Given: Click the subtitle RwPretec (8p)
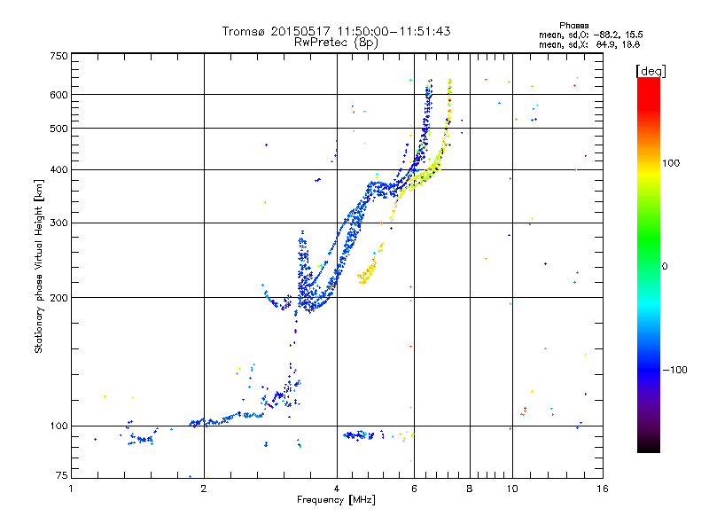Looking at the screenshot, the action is pos(336,43).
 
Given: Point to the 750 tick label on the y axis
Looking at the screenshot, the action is pos(58,56).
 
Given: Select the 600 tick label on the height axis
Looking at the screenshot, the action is pos(58,95).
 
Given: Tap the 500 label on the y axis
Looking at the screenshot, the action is pos(58,129).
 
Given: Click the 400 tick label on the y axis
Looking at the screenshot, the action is pos(58,170).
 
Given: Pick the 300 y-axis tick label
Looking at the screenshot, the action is pos(58,223).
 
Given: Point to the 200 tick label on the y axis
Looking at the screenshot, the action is pos(58,298).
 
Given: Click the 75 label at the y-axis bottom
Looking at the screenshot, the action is pos(62,475).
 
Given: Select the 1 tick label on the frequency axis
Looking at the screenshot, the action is pos(71,489).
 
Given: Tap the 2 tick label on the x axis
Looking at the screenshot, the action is pos(204,489).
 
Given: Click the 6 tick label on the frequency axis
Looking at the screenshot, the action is pos(414,489).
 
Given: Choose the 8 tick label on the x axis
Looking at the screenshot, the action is pos(470,489).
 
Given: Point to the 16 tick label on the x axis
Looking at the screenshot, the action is pos(603,489).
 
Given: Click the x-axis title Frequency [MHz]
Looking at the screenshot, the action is pos(336,500).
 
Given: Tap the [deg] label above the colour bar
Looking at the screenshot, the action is pos(651,72).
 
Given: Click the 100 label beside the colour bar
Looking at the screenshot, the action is pos(671,163).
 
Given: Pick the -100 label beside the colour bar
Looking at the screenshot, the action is pos(674,370).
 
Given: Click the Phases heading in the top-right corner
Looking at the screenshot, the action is pos(573,26).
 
